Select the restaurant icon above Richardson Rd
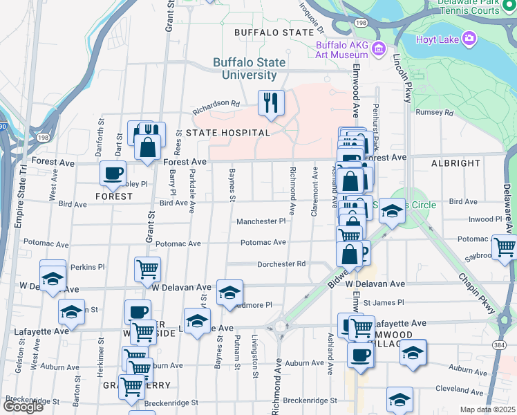(271, 103)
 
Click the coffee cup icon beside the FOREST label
(113, 174)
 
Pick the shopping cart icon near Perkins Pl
(147, 268)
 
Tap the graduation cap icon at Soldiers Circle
(392, 212)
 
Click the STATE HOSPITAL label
(227, 132)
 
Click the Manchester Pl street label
(261, 222)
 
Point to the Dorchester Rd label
(281, 264)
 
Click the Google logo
(22, 407)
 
